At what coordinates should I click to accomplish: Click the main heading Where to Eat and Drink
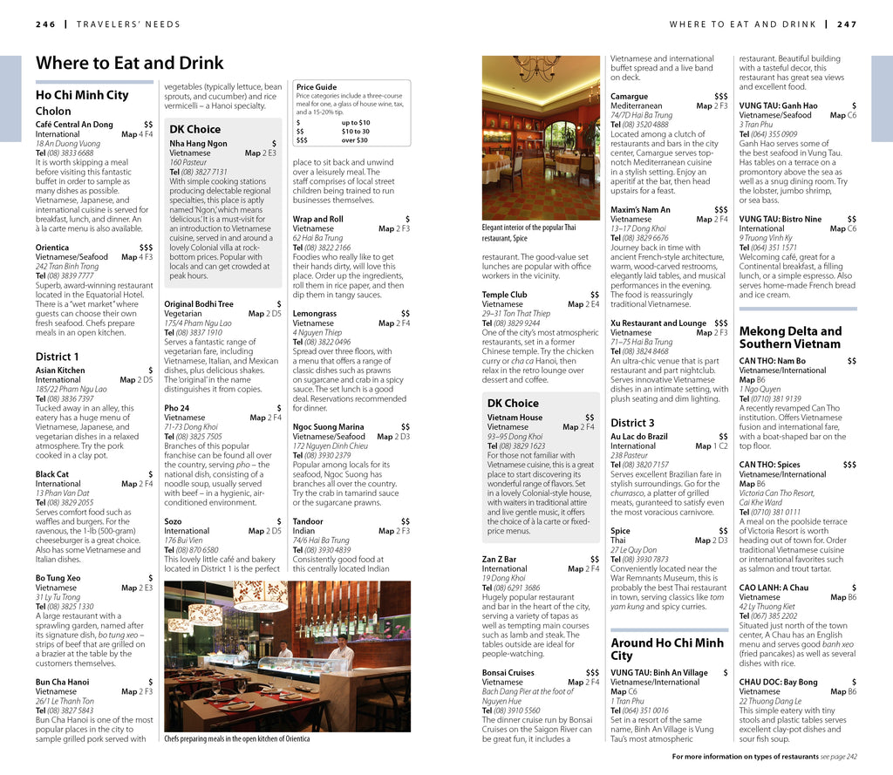[x=129, y=63]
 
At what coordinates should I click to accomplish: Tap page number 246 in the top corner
[x=45, y=24]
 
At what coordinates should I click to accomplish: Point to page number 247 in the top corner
[x=847, y=24]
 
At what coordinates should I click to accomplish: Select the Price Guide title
[x=316, y=87]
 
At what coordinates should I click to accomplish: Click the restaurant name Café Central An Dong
[x=74, y=125]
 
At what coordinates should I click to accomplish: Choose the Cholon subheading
[x=53, y=112]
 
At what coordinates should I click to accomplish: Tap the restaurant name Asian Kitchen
[x=60, y=371]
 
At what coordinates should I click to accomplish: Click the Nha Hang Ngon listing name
[x=198, y=144]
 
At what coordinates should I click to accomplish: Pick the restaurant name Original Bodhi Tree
[x=199, y=304]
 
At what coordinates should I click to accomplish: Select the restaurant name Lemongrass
[x=314, y=313]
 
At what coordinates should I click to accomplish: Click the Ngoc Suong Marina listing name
[x=328, y=427]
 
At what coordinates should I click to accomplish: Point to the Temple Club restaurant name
[x=504, y=295]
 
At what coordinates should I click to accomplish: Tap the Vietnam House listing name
[x=515, y=418]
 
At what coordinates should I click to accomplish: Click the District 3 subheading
[x=632, y=423]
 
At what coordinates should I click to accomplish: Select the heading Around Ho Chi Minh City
[x=667, y=649]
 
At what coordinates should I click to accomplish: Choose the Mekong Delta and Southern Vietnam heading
[x=790, y=337]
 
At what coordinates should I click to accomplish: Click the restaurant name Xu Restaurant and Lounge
[x=658, y=323]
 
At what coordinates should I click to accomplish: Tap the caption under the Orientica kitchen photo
[x=236, y=738]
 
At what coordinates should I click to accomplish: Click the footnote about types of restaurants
[x=764, y=757]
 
